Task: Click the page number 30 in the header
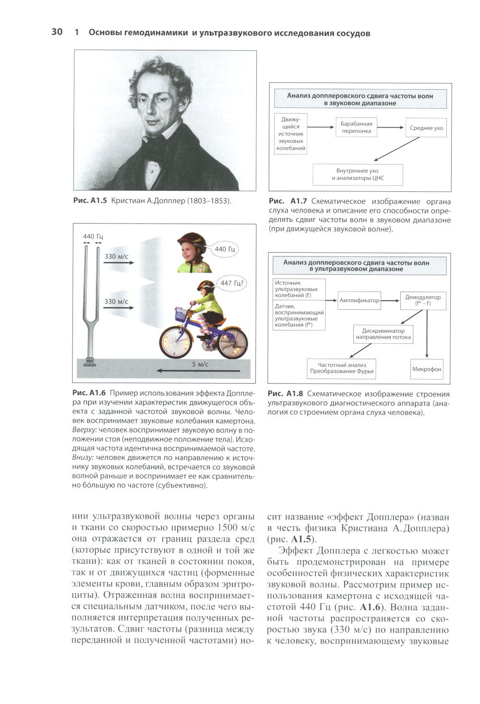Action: pyautogui.click(x=56, y=33)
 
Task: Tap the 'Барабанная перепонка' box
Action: pyautogui.click(x=356, y=127)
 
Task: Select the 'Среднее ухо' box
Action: pyautogui.click(x=426, y=128)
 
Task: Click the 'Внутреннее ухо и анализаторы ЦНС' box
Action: pyautogui.click(x=358, y=175)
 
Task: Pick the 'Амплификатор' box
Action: pyautogui.click(x=359, y=300)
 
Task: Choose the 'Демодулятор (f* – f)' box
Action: pyautogui.click(x=423, y=300)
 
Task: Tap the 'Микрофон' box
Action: pyautogui.click(x=427, y=369)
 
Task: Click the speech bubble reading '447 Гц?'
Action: pyautogui.click(x=232, y=283)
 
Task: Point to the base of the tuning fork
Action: pyautogui.click(x=89, y=361)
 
